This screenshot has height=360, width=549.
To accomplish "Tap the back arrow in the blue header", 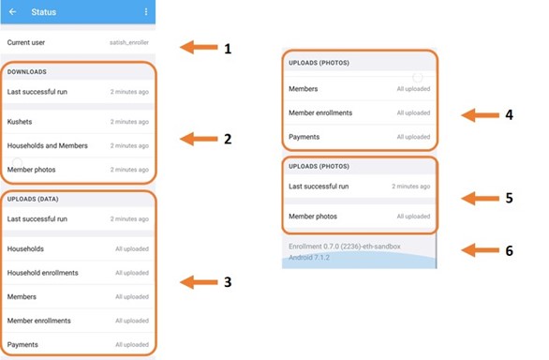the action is (12, 12).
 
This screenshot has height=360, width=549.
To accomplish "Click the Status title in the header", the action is (44, 12).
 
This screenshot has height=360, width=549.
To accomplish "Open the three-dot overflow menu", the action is (146, 12).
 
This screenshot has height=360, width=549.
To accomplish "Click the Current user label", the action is (26, 42).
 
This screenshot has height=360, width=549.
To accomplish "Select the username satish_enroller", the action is (129, 42).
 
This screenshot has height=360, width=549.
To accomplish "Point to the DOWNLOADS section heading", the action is (27, 72).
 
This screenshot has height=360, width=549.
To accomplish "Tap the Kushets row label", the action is (20, 122).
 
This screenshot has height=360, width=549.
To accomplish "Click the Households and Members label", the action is (47, 145).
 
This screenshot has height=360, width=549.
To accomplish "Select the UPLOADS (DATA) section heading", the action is (33, 199).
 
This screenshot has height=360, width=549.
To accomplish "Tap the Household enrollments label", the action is (43, 273).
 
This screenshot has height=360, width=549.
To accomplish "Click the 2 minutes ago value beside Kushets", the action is (129, 122).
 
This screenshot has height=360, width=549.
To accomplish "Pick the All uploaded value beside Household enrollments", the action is (132, 273).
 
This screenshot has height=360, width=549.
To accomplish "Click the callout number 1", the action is (228, 49).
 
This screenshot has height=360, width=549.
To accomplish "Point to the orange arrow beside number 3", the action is (199, 282).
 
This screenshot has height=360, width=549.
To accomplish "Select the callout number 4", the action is (509, 114).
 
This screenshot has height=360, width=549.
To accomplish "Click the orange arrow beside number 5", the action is (480, 199).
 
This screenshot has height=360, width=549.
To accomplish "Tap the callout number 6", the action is (509, 250).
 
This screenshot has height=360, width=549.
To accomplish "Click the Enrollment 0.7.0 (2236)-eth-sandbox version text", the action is (345, 247).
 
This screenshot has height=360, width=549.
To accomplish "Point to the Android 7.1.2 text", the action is (309, 258).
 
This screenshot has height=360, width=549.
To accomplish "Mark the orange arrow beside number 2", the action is (199, 139).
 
